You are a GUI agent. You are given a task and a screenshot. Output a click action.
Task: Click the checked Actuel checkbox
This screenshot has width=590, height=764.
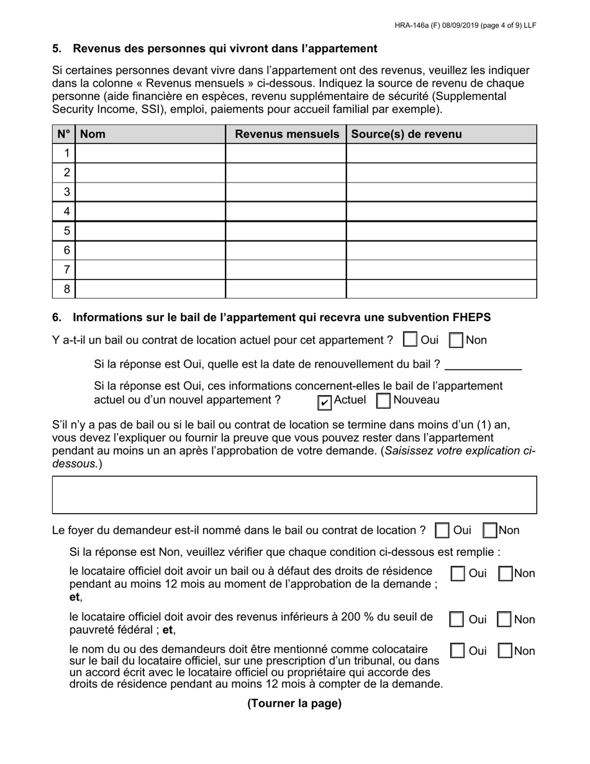pos(324,403)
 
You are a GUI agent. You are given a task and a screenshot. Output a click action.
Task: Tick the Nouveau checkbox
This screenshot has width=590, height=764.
pos(384,401)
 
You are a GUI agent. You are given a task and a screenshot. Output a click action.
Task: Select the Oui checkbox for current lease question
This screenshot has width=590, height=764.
pos(410,340)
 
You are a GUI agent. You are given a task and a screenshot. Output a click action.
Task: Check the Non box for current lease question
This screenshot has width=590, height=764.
pos(456,340)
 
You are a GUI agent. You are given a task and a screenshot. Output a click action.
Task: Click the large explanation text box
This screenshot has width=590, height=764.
pos(294,495)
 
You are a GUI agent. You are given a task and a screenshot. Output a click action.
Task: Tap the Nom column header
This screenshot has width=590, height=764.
pos(93,134)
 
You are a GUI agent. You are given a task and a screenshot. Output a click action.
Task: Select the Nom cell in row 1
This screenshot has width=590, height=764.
pos(150,153)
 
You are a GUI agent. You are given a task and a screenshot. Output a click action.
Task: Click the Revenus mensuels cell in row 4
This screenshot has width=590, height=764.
pos(285,212)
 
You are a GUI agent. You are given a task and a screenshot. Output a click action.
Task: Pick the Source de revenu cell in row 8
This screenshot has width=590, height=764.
pos(441,289)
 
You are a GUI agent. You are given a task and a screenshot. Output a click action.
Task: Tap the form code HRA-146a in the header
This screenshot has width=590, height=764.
pos(413,25)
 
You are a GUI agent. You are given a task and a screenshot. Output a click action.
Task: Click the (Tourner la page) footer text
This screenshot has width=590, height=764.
pos(294,704)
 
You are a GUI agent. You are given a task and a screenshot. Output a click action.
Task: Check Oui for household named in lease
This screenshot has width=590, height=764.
pos(442,531)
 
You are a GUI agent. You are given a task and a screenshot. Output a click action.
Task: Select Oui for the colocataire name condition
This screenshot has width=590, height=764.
pos(457,651)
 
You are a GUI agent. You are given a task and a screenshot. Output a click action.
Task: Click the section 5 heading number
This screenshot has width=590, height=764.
pos(57,48)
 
